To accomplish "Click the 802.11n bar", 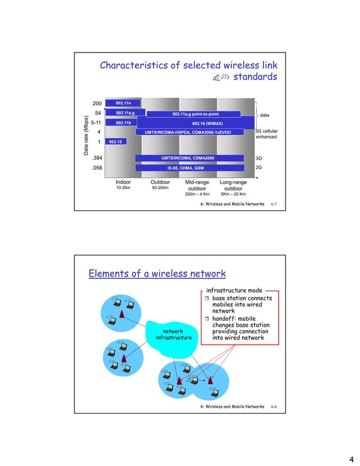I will pos(124,103).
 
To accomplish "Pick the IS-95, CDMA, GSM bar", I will pos(190,168).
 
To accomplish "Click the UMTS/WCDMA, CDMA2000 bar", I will pos(190,158).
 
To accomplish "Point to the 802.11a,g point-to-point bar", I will pos(194,113).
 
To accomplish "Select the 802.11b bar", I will pos(124,122).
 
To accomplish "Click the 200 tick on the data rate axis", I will pos(96,103).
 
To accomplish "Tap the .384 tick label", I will pos(96,158).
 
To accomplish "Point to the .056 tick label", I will pos(96,168).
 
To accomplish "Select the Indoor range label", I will pos(123,182).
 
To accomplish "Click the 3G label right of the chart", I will pos(260,159).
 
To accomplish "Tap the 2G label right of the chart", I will pos(260,168).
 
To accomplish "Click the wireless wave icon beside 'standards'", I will pos(219,78).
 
